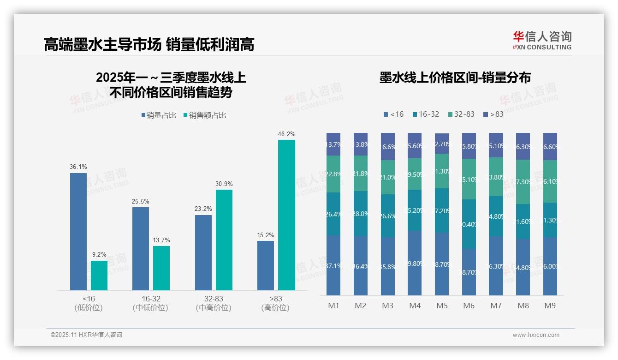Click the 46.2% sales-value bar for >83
coord(286,215)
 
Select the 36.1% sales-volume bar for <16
coord(78,232)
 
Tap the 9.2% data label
coord(99,254)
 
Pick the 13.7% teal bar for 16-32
coord(161,268)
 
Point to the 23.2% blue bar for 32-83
coord(203,252)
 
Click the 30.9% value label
coord(224,184)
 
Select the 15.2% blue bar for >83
coord(266,265)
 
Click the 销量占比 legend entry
coord(159,115)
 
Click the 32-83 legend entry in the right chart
coord(461,114)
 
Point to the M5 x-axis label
coord(442,306)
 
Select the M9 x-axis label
coord(550,306)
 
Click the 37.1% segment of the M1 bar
coord(333,265)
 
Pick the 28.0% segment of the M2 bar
coord(361,214)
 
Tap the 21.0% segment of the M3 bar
coord(388,177)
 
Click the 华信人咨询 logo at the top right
coord(542,40)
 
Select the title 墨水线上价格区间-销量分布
coord(455,78)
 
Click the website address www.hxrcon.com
coord(536,335)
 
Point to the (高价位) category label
coord(275,308)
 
